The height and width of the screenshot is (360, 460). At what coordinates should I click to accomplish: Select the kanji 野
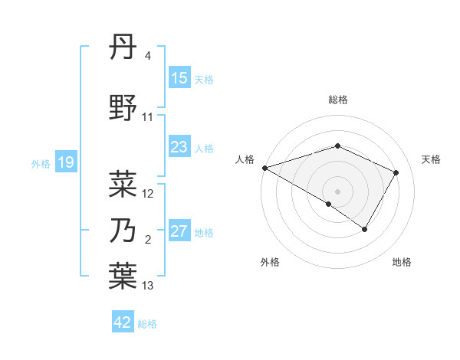tap(123, 108)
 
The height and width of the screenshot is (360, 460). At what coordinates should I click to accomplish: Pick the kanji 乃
tap(123, 231)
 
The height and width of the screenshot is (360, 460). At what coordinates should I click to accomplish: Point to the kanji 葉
tap(123, 277)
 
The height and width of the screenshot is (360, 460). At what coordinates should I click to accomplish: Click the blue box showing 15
tap(179, 78)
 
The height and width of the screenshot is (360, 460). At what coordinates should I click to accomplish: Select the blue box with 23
tap(179, 147)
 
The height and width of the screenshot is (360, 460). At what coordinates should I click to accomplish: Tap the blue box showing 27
tap(179, 231)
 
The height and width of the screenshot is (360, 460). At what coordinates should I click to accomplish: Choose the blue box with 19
tap(66, 162)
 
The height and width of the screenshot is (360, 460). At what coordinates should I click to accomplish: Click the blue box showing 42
tap(123, 322)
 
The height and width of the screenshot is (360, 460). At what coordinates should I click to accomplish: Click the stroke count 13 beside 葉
tap(148, 286)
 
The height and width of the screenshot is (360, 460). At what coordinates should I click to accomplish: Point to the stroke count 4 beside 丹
tap(148, 56)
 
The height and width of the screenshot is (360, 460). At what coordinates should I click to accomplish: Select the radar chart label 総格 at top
tap(338, 100)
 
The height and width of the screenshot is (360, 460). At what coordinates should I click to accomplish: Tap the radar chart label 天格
tap(431, 159)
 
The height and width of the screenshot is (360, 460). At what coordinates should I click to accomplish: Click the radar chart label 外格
tap(270, 262)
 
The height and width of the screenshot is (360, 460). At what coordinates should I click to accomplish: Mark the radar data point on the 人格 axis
tap(264, 168)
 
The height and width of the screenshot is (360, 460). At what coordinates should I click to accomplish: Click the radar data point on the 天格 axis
tap(396, 172)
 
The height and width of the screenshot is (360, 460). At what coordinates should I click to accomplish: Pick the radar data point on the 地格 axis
tap(365, 229)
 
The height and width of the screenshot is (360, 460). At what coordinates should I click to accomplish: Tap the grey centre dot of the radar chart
tap(338, 191)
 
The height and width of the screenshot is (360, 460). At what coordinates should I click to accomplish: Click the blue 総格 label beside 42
tap(147, 323)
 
